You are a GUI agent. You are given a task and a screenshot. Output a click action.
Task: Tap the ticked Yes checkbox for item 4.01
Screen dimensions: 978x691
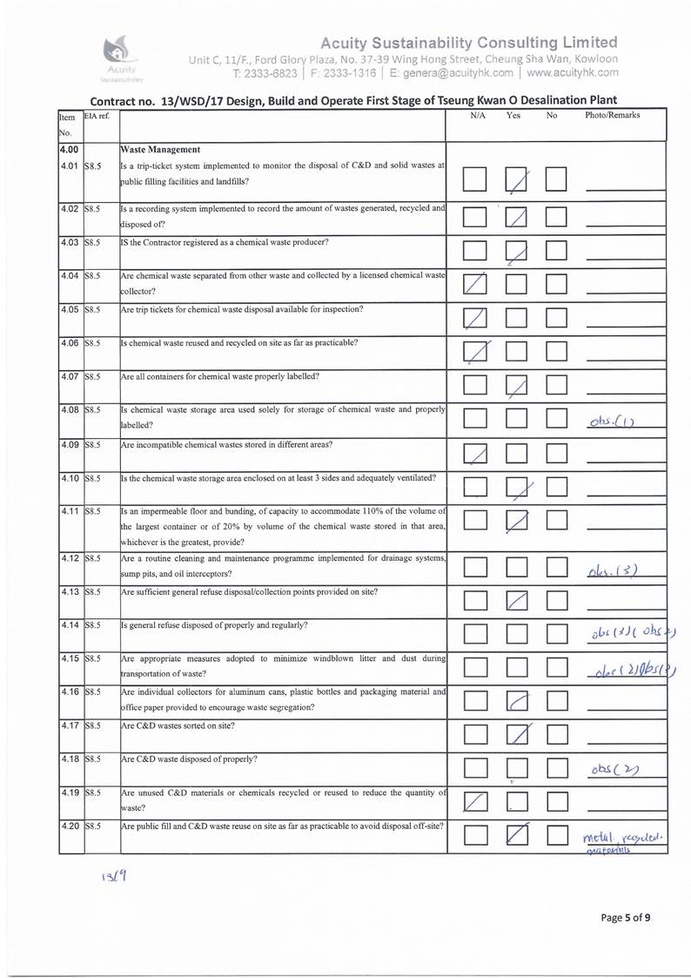518,181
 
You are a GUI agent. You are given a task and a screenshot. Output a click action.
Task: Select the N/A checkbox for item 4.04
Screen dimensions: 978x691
475,283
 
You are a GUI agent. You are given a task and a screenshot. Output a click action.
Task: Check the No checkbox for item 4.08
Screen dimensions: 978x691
556,418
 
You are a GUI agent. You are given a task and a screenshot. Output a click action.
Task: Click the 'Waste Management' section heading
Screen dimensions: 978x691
160,149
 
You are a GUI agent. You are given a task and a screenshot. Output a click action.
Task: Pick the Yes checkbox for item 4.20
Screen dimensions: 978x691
518,835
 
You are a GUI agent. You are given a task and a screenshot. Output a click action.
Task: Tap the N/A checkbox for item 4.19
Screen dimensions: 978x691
475,800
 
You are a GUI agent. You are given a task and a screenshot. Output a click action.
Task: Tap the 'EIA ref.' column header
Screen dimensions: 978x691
97,116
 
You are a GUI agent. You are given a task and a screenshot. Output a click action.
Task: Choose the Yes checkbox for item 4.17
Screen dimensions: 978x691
518,736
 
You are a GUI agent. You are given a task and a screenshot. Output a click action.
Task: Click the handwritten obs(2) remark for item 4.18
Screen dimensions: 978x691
612,770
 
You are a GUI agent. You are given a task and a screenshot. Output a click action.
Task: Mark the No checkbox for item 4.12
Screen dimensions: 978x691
556,568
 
